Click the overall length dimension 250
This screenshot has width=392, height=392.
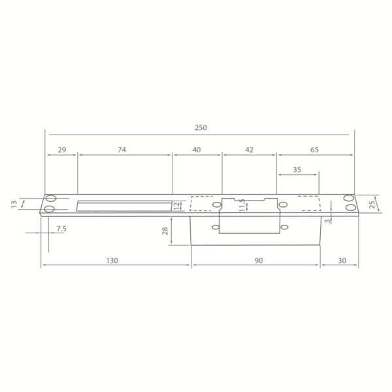point(200,127)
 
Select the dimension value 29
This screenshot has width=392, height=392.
point(61,150)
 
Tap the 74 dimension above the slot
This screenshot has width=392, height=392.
point(122,150)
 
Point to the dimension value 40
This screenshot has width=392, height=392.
point(197,150)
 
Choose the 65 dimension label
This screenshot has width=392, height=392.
point(314,150)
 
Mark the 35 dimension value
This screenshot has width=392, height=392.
point(297,169)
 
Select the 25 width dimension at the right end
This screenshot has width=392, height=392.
point(372,204)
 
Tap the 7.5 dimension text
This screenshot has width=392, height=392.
point(61,228)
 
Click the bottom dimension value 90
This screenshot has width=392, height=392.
point(258,260)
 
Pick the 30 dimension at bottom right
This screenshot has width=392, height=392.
point(342,260)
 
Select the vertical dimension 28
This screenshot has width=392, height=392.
point(165,230)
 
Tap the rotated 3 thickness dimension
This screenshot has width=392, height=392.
point(330,220)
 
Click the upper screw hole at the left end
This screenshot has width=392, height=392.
point(50,199)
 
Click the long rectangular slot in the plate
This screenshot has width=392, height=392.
point(124,206)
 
